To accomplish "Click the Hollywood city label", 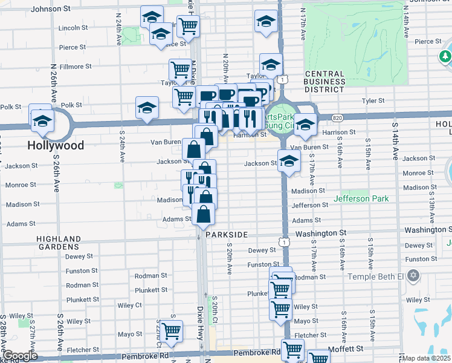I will click(55, 146).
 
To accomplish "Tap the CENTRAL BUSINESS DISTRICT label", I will click(324, 82).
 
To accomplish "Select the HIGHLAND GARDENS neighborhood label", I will click(57, 243).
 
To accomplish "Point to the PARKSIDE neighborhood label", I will click(227, 234).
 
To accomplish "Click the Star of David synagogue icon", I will click(413, 276).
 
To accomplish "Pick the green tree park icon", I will click(445, 57).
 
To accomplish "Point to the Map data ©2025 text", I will click(427, 358).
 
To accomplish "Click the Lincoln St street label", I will click(74, 28).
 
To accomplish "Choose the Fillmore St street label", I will click(75, 67).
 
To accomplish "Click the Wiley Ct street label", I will click(130, 306).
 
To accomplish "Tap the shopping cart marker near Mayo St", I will click(172, 332).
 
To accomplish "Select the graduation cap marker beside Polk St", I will click(147, 108).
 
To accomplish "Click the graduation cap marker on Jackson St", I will click(289, 162).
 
